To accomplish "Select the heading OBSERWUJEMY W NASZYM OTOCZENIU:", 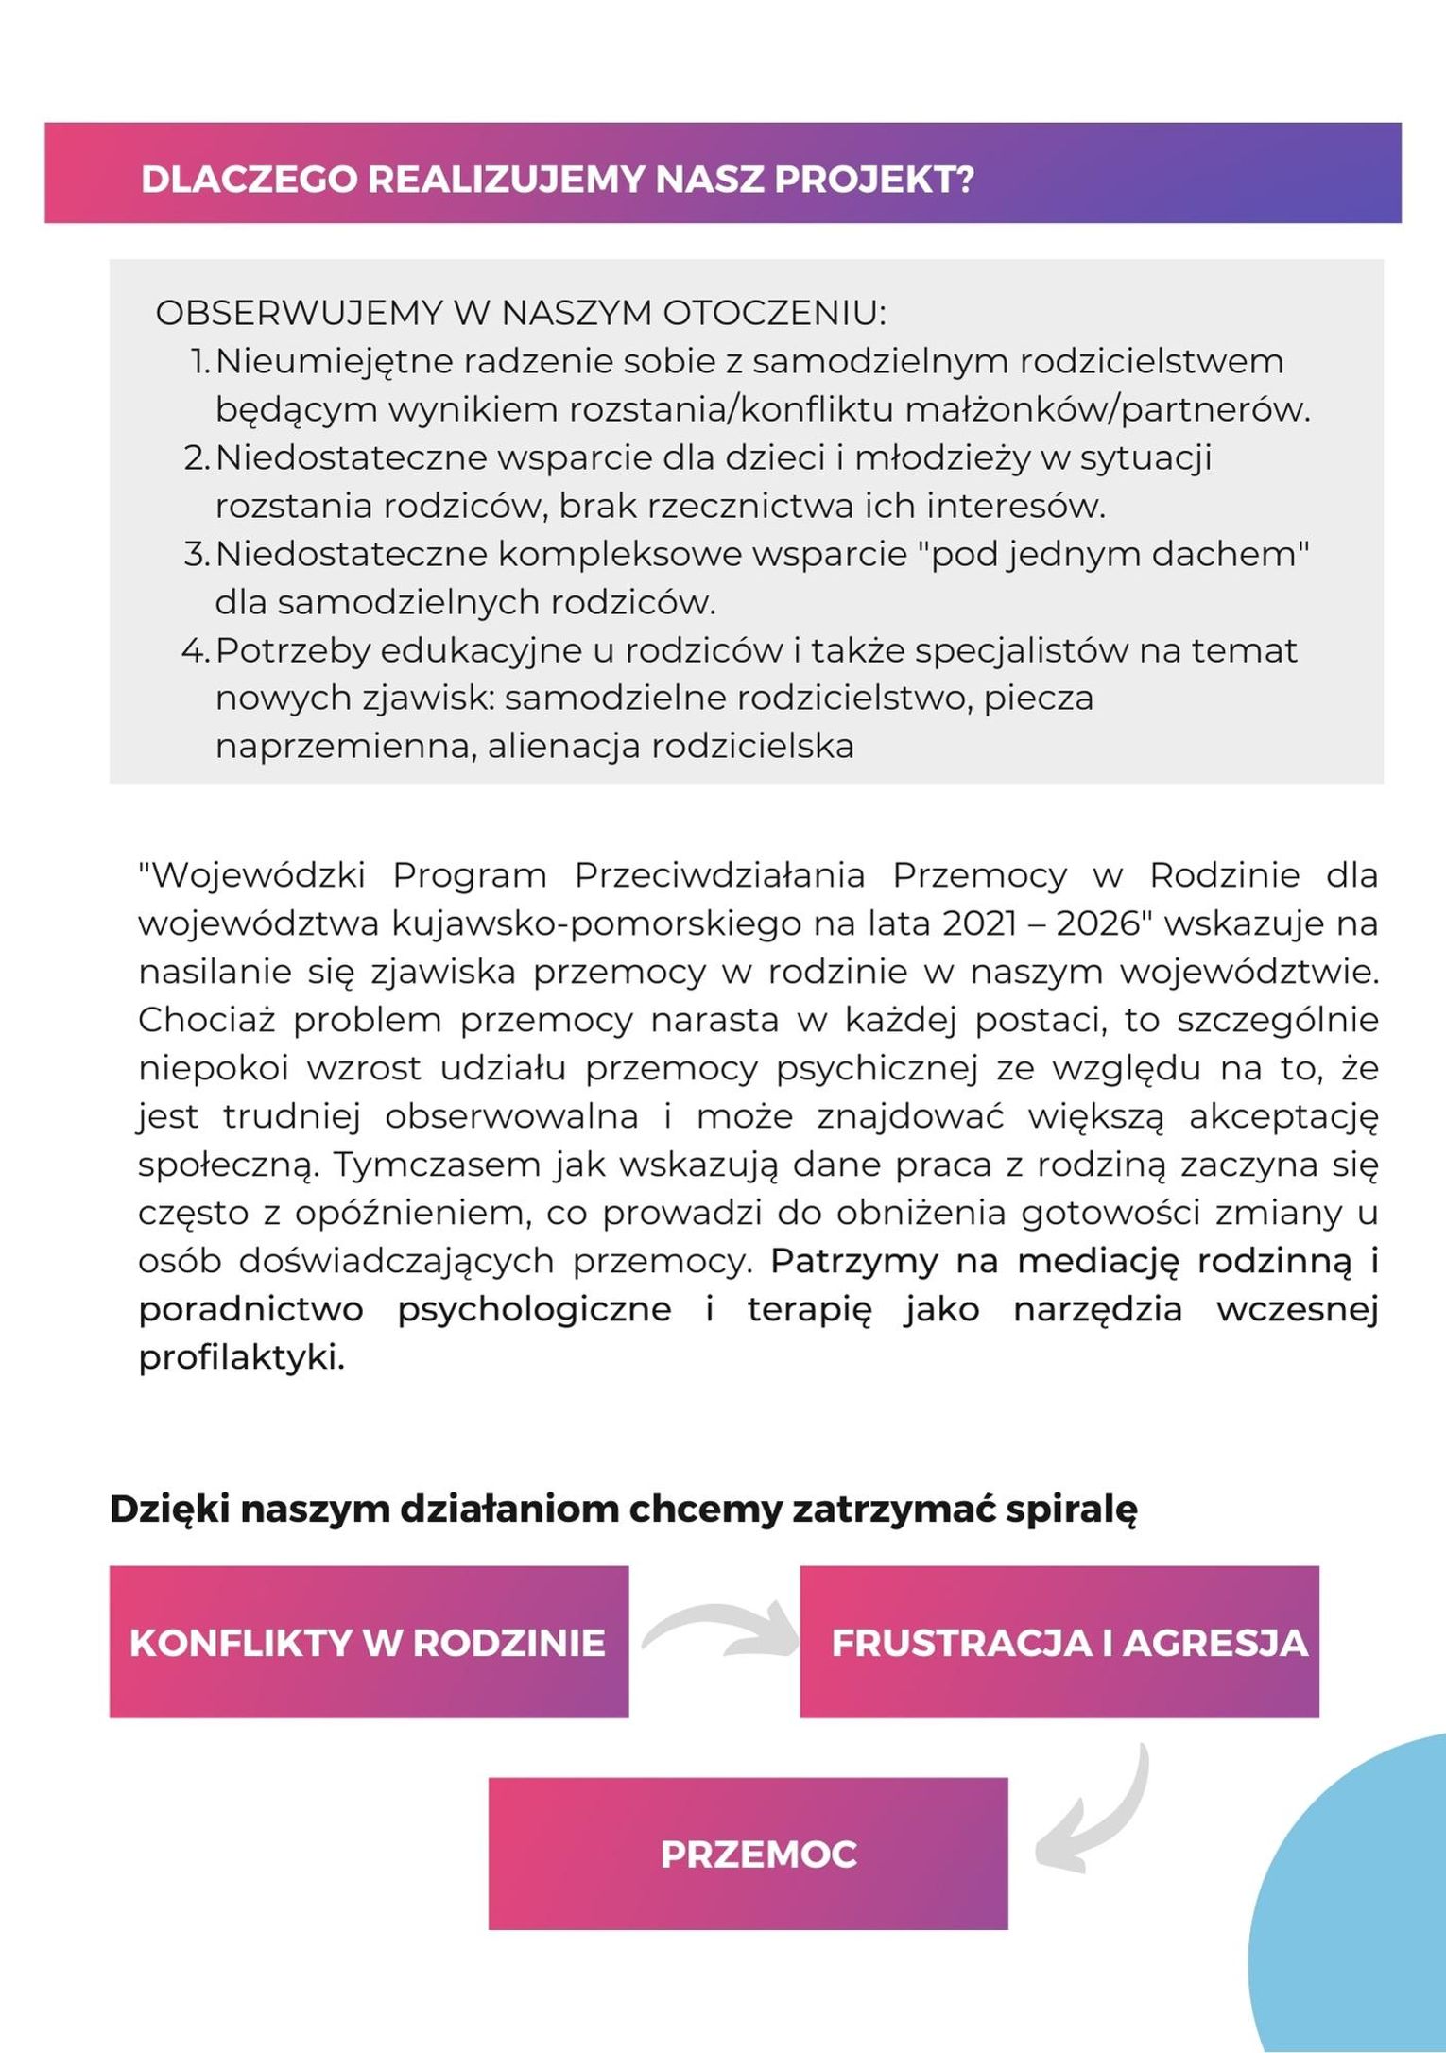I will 521,313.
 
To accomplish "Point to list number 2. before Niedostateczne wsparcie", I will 197,457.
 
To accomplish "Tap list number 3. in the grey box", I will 197,554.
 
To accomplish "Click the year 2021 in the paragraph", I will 982,923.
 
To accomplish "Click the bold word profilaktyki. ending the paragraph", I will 241,1357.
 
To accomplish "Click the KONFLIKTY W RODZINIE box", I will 369,1642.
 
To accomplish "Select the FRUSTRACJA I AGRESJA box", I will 1059,1642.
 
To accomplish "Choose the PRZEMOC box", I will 748,1854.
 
